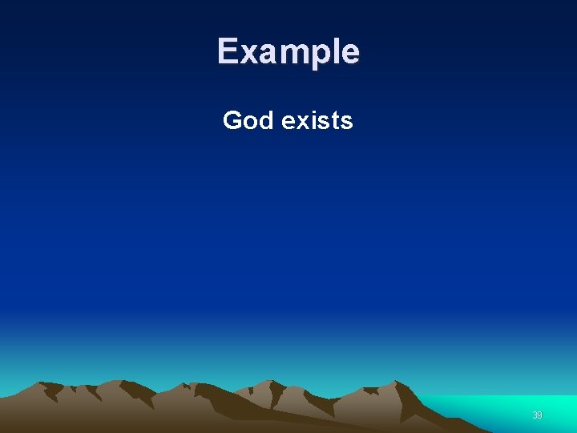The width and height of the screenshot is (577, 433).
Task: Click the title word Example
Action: click(288, 51)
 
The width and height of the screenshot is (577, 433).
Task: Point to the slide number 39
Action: click(538, 415)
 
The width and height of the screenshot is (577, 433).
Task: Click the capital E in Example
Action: click(228, 51)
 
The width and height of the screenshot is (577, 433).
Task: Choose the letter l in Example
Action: click(334, 51)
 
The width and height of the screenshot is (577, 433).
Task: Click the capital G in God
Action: click(232, 120)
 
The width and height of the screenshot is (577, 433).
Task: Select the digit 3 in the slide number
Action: click(535, 415)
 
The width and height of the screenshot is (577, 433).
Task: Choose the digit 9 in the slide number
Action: click(540, 415)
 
